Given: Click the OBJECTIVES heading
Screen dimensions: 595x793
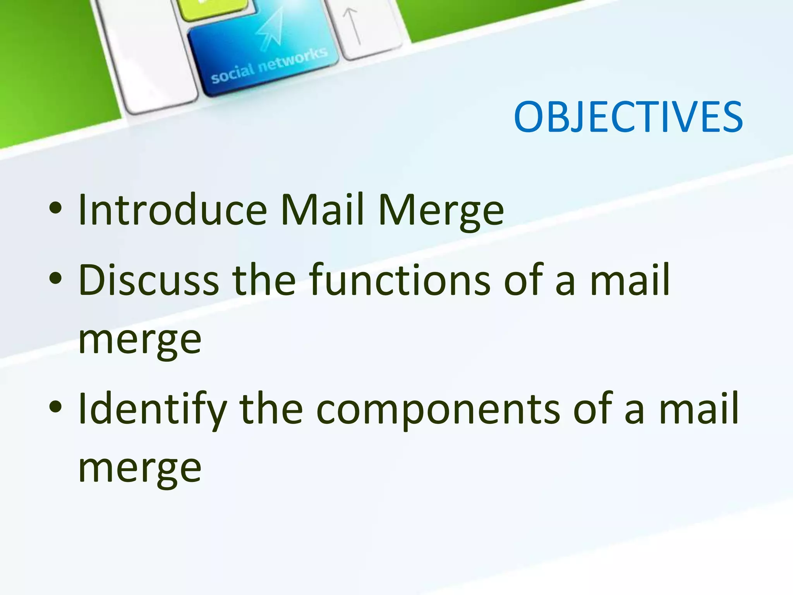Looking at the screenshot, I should pos(628,117).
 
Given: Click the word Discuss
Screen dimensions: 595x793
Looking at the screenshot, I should pos(149,280).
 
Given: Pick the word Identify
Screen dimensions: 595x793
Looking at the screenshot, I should pos(152,409).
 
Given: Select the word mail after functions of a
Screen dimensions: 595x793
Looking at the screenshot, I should pos(630,280).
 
